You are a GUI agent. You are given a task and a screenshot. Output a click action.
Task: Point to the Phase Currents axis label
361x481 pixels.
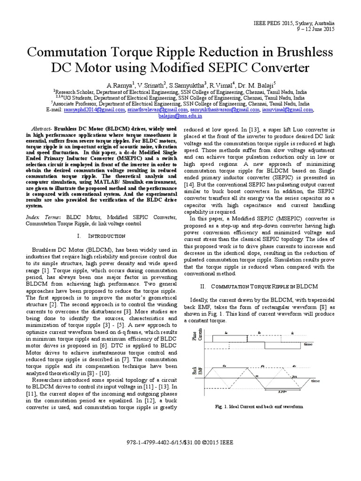(x=196, y=337)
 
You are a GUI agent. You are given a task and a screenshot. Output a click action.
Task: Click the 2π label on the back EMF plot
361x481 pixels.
(x=293, y=377)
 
